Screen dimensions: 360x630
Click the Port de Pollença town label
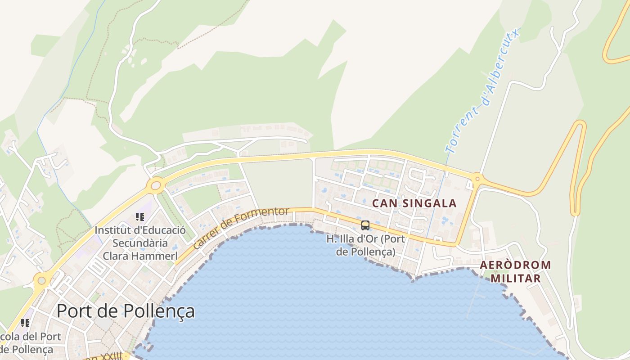pos(126,311)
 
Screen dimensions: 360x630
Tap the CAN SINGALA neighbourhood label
pos(414,203)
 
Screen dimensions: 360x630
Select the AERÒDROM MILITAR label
pos(515,271)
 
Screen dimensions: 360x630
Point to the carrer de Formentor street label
pos(240,229)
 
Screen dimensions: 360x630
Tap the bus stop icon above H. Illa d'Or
pos(365,225)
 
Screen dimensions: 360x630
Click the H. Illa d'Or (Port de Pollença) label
pos(365,245)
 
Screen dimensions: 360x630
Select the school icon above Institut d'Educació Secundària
pos(140,217)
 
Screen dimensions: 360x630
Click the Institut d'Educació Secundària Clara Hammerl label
pos(140,243)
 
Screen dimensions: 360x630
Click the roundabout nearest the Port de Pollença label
pos(41,281)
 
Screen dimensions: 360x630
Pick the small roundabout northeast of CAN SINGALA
pos(477,178)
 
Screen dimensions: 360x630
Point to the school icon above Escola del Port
pos(25,323)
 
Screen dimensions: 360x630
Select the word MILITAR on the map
pos(515,279)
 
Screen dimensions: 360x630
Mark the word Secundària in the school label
pos(140,243)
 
